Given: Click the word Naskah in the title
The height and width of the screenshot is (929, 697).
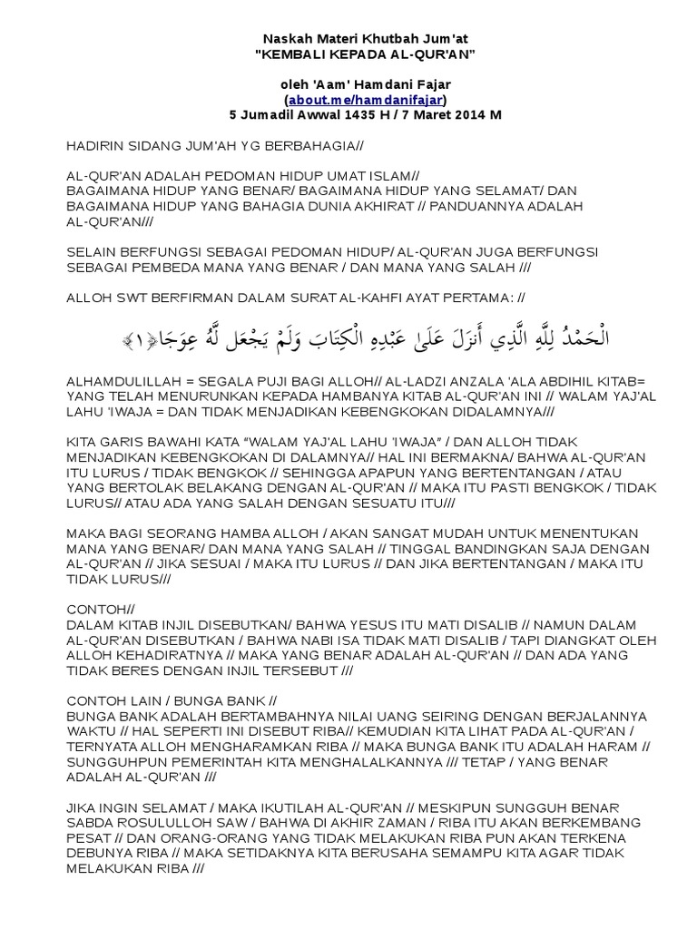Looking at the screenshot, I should click(x=283, y=39).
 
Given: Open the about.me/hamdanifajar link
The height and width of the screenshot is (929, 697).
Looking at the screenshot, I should click(x=366, y=99).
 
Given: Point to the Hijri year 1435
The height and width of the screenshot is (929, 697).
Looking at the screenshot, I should click(x=339, y=114).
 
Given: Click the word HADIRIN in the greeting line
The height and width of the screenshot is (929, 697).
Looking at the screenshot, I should click(x=95, y=145).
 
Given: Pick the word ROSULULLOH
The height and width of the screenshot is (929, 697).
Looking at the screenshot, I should click(x=150, y=824).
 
